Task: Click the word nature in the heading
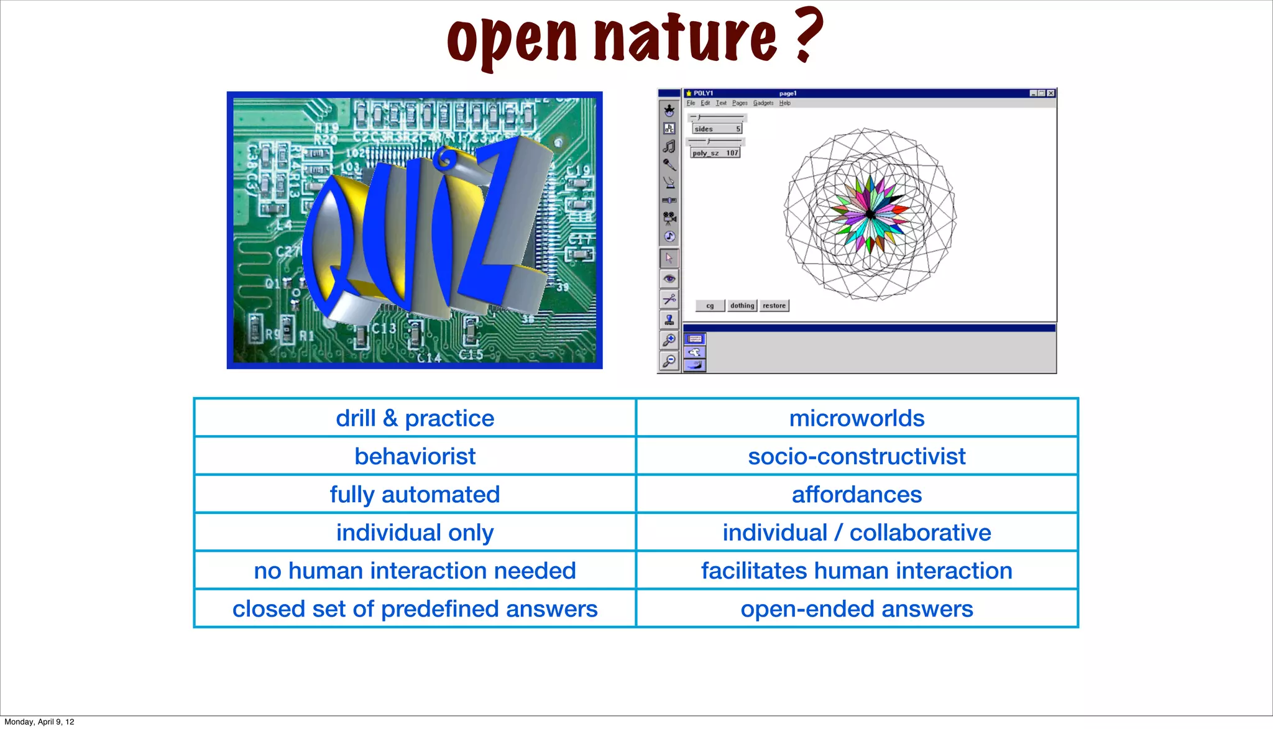(x=684, y=39)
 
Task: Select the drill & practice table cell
(x=415, y=418)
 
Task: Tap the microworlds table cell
(x=857, y=418)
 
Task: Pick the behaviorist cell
(x=415, y=456)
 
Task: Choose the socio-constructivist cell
(x=857, y=456)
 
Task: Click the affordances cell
(x=857, y=495)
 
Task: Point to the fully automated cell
(x=415, y=495)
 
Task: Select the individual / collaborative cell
(x=857, y=533)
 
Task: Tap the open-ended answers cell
(x=857, y=609)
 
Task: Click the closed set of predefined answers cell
(x=415, y=609)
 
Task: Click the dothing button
(x=742, y=306)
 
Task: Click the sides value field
(x=717, y=129)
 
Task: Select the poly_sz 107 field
(x=715, y=153)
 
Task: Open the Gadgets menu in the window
(x=763, y=103)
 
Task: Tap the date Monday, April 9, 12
(x=39, y=722)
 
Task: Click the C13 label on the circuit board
(x=384, y=328)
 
